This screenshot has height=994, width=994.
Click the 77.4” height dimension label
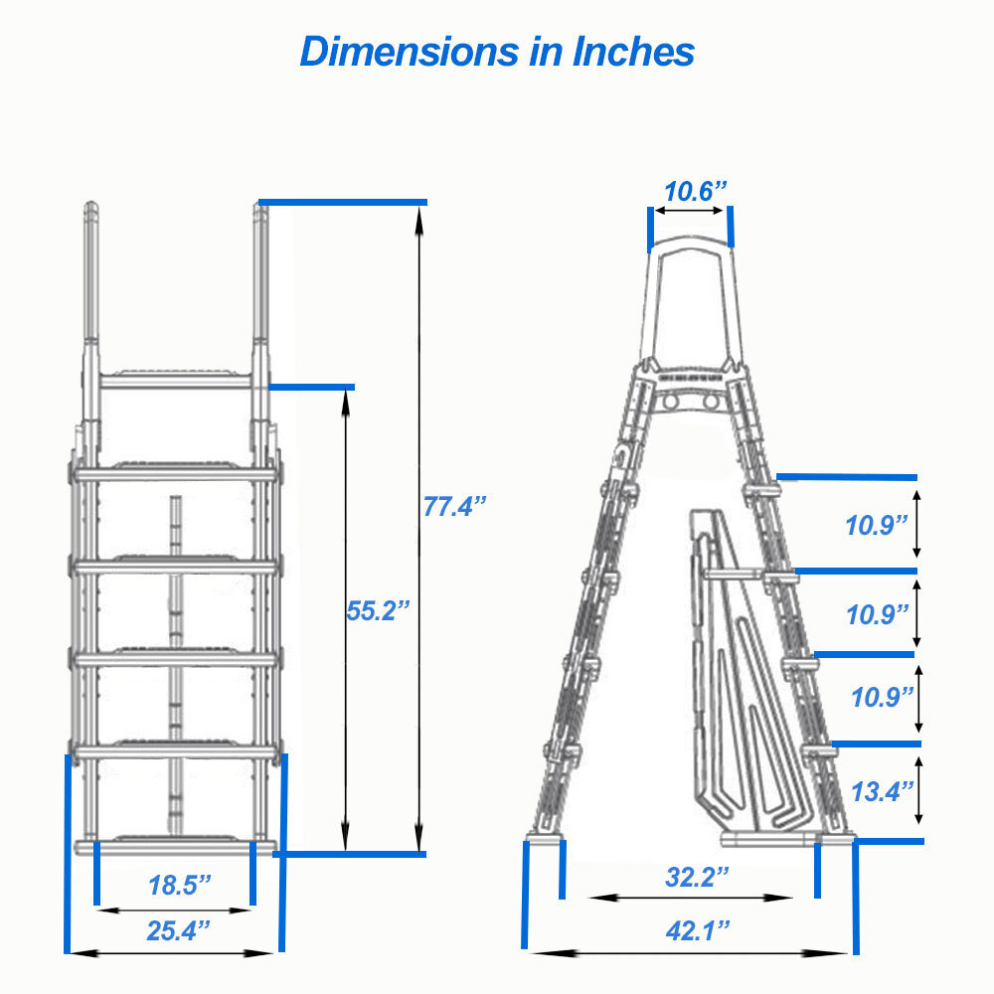coord(455,506)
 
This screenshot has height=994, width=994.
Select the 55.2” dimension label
coord(378,610)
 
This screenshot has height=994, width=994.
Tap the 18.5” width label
coord(180,885)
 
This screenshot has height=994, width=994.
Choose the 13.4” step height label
coord(882,791)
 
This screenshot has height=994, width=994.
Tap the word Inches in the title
coord(633,51)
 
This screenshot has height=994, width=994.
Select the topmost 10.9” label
coord(878,525)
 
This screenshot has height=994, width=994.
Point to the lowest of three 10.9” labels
coord(882,697)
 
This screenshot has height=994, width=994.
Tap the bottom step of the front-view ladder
coord(177,846)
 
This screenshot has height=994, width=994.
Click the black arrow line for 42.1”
coord(688,951)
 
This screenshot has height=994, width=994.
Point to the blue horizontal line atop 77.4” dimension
coord(343,202)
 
